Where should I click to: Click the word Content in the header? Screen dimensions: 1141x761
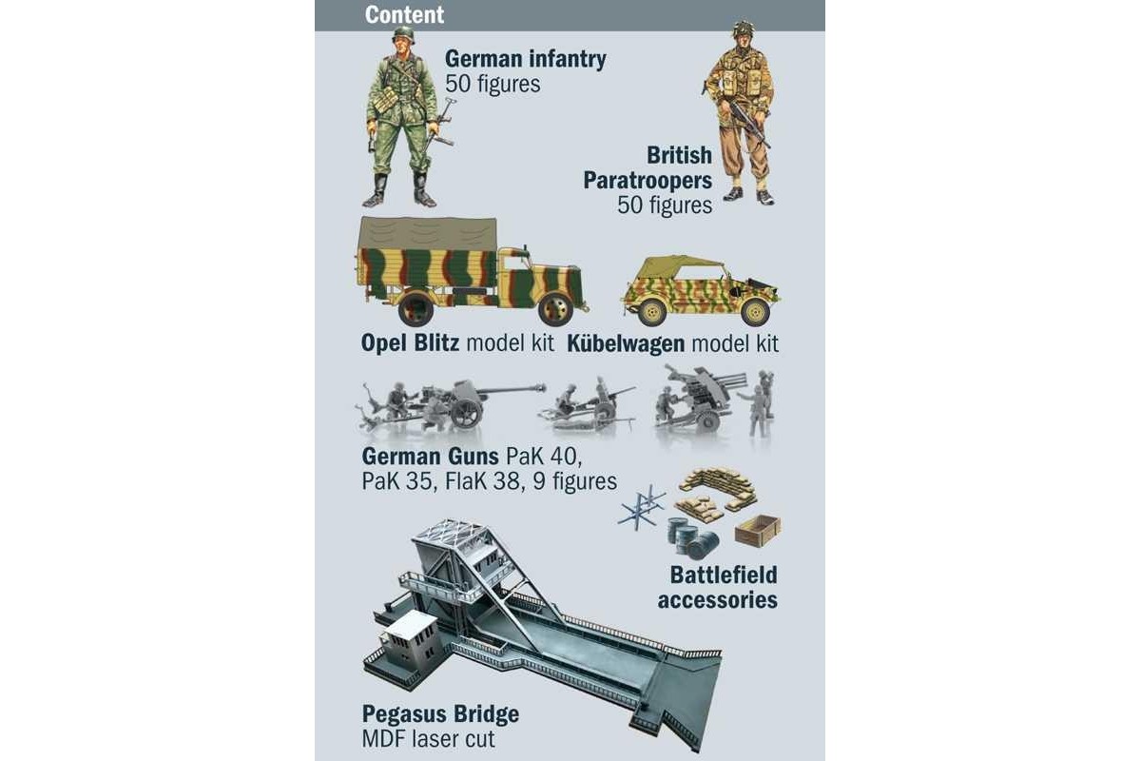tap(404, 15)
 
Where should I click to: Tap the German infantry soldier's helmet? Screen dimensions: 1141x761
tap(404, 35)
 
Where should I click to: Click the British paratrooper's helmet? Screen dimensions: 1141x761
tap(744, 29)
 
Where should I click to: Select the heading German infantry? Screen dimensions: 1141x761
tap(526, 59)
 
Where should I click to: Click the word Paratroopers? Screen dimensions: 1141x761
tap(648, 181)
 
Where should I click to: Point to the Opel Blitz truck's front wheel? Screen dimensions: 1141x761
tap(555, 309)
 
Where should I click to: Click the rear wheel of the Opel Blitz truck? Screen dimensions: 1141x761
tap(416, 308)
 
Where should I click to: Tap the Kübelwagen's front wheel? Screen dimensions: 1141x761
tap(755, 312)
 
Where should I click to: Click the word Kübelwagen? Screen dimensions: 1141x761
tap(626, 343)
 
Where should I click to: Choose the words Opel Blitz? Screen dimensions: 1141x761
tap(410, 343)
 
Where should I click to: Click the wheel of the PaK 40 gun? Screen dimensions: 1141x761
tap(466, 413)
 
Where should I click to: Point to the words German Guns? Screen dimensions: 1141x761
tap(431, 457)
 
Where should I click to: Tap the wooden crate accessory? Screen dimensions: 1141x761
tap(758, 531)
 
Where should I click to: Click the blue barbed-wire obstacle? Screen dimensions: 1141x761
tap(641, 508)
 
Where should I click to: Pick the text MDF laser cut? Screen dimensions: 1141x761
tap(428, 739)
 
